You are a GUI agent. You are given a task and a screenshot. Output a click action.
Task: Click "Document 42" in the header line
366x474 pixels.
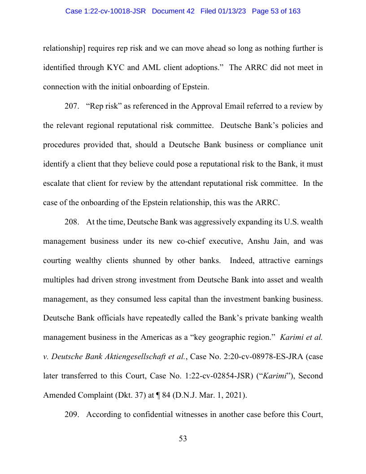pyautogui.click(x=173, y=11)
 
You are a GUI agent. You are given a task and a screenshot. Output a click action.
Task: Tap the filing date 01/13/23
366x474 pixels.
pyautogui.click(x=232, y=11)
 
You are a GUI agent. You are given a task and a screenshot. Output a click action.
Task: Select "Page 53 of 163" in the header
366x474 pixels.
pyautogui.click(x=276, y=11)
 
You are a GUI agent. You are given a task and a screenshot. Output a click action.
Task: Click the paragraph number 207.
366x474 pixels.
pyautogui.click(x=72, y=106)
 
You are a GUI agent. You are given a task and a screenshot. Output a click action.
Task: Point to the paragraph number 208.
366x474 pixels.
pyautogui.click(x=72, y=222)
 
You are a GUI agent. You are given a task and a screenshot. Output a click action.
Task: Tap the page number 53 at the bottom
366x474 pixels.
pyautogui.click(x=183, y=439)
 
